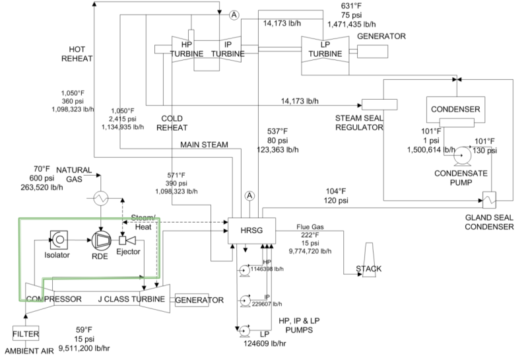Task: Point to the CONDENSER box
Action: pyautogui.click(x=455, y=108)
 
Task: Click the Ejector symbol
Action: pyautogui.click(x=125, y=239)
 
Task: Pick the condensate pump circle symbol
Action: pyautogui.click(x=463, y=156)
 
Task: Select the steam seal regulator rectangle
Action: pyautogui.click(x=378, y=104)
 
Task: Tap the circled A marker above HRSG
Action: pyautogui.click(x=249, y=196)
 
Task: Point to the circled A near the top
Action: pyautogui.click(x=232, y=15)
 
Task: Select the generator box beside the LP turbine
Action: pyautogui.click(x=373, y=50)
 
